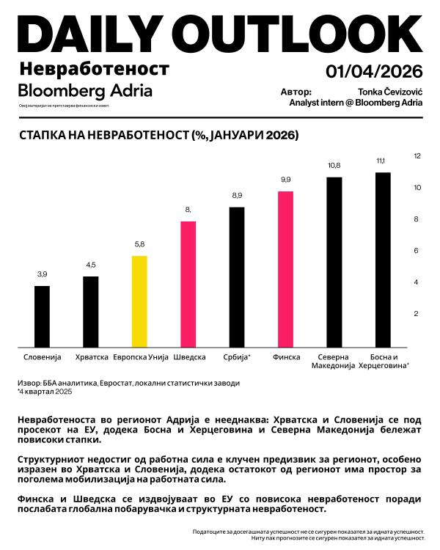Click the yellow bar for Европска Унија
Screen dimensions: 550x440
pyautogui.click(x=139, y=301)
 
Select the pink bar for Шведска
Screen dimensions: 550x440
pyautogui.click(x=188, y=284)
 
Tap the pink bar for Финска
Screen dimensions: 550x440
pyautogui.click(x=286, y=269)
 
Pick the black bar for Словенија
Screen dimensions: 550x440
pyautogui.click(x=43, y=316)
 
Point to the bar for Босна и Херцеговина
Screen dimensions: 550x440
pyautogui.click(x=383, y=260)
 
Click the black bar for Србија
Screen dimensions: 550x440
pyautogui.click(x=237, y=277)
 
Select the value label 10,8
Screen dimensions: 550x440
pyautogui.click(x=334, y=166)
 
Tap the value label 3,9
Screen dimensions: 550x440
pyautogui.click(x=43, y=274)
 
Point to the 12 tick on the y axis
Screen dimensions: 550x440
pyautogui.click(x=417, y=156)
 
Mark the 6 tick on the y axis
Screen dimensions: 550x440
pyautogui.click(x=417, y=251)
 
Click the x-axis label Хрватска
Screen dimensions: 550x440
pyautogui.click(x=91, y=357)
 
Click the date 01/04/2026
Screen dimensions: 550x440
pyautogui.click(x=374, y=72)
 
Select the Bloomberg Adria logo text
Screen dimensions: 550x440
pyautogui.click(x=85, y=91)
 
